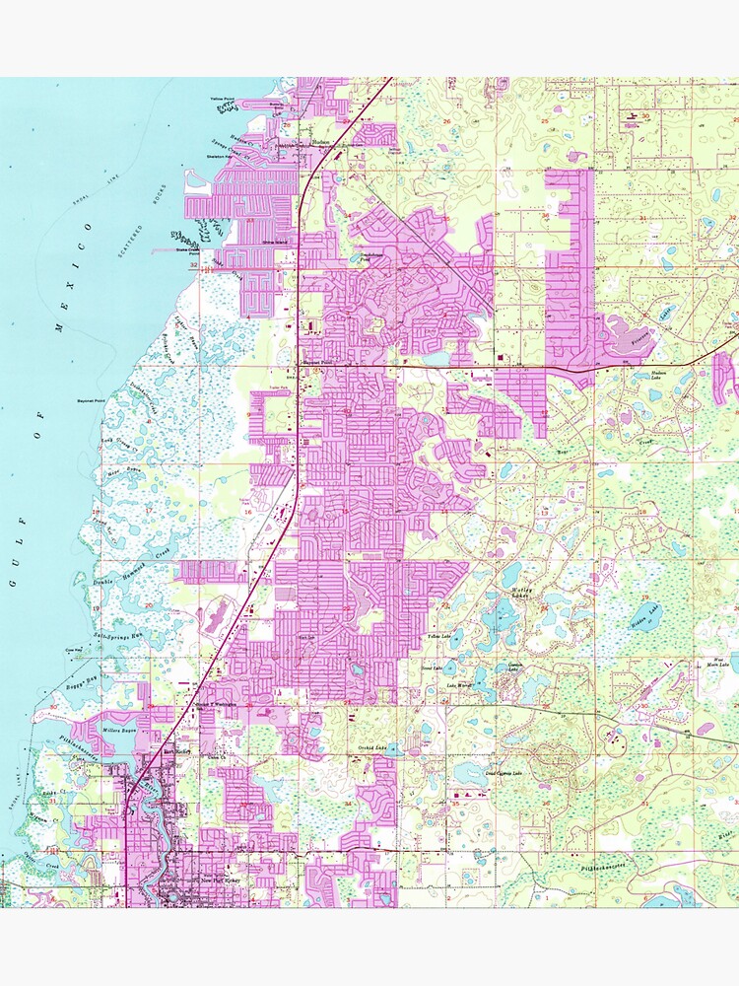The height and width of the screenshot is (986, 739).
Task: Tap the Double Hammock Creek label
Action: (x=133, y=577)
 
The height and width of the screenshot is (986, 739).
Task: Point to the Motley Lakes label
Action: (x=519, y=593)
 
